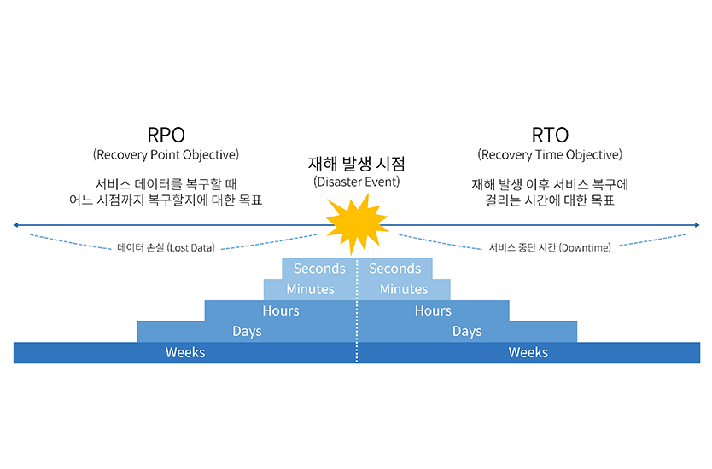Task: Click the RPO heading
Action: (x=166, y=135)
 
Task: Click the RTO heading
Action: (x=549, y=135)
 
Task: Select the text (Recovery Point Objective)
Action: (x=166, y=155)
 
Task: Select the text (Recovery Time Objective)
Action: (x=550, y=155)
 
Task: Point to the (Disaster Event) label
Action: (x=356, y=182)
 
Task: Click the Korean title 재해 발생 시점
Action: (x=356, y=165)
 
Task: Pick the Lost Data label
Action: (x=166, y=248)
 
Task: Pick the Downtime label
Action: (x=550, y=247)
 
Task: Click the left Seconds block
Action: (x=319, y=269)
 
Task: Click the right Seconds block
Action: (x=394, y=269)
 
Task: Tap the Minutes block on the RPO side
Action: (x=310, y=289)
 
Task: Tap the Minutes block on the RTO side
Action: (x=404, y=289)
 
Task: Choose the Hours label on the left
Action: (x=281, y=310)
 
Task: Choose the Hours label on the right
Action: (x=433, y=310)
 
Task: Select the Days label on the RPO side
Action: (x=247, y=331)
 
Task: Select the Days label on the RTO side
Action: (x=467, y=331)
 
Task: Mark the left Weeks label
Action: (x=185, y=352)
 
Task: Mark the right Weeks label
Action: (x=528, y=352)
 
